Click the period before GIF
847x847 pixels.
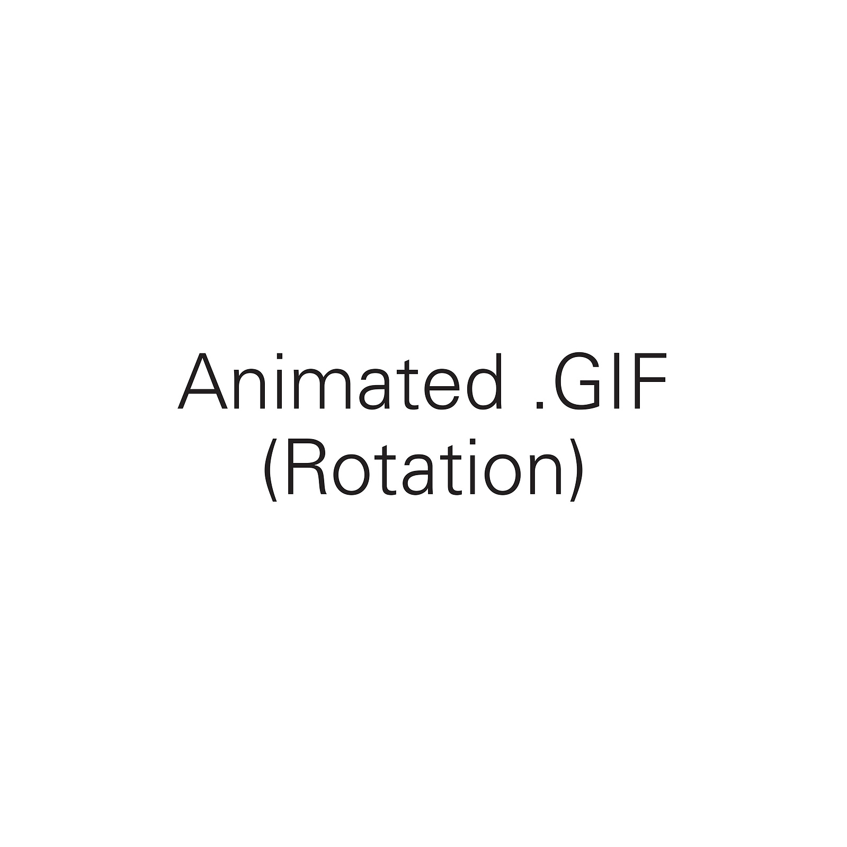coord(540,405)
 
